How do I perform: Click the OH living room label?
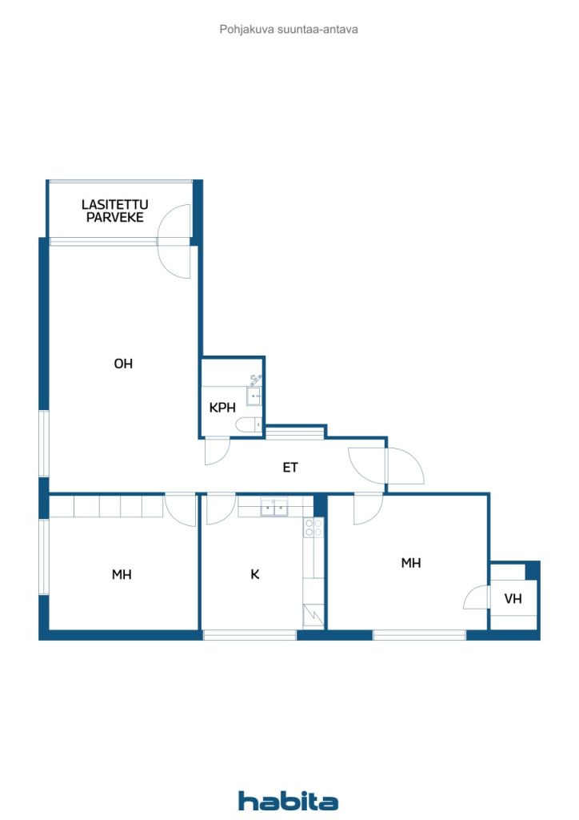pos(123,364)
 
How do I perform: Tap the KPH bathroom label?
pos(222,408)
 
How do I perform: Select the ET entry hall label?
pos(290,467)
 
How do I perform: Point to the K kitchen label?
pos(255,574)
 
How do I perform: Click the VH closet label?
pos(513,598)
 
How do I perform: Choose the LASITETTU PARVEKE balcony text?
pos(115,211)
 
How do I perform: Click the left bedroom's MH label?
pos(122,574)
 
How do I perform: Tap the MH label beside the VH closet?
pos(411,563)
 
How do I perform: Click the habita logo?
pos(288,800)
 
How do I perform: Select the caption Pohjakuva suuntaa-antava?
pos(289,30)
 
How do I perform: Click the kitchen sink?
pos(274,507)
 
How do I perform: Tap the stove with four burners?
pos(313,527)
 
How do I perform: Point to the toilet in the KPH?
pos(249,425)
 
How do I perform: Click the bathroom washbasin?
pos(254,396)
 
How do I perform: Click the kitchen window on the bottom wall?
pos(250,635)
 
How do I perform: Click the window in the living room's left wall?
pos(44,444)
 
